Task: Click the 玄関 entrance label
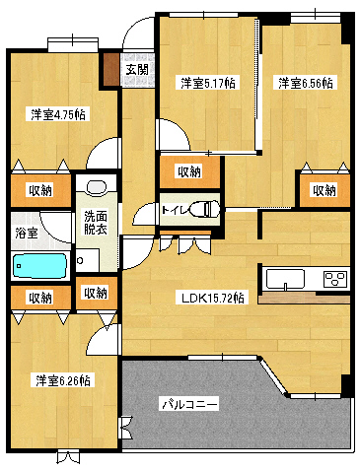(x=137, y=69)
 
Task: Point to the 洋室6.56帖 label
(x=305, y=83)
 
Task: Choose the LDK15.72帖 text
(x=212, y=297)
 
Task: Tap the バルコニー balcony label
(x=190, y=404)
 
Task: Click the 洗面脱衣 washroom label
(x=96, y=223)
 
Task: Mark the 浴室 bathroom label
(x=27, y=234)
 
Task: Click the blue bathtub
(x=39, y=265)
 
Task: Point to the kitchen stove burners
(x=333, y=278)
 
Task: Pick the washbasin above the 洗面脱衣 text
(x=96, y=187)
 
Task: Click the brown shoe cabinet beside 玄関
(x=110, y=73)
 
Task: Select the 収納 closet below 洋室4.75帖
(x=39, y=189)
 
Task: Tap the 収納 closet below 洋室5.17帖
(x=189, y=171)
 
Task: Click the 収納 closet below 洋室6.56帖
(x=323, y=189)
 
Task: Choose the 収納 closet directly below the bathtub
(x=39, y=297)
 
